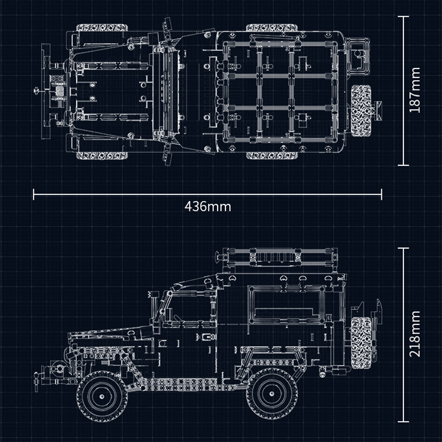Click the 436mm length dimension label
point(207,207)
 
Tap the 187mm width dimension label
point(415,90)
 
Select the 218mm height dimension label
point(415,342)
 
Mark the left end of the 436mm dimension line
point(34,194)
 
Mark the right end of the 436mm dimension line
point(382,194)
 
